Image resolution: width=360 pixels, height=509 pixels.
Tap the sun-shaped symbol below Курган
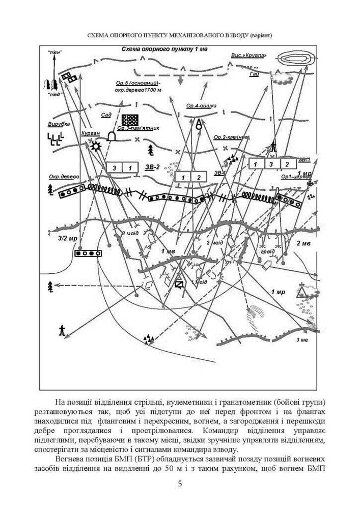click(x=95, y=147)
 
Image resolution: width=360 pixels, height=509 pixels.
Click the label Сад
click(x=106, y=115)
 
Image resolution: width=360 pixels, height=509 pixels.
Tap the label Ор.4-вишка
click(x=201, y=106)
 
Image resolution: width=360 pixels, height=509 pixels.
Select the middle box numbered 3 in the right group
click(x=271, y=164)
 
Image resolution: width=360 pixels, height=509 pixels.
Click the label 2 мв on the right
click(x=304, y=244)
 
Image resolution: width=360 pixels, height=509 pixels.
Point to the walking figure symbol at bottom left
click(x=62, y=329)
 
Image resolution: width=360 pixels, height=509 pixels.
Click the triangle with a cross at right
click(x=307, y=291)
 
